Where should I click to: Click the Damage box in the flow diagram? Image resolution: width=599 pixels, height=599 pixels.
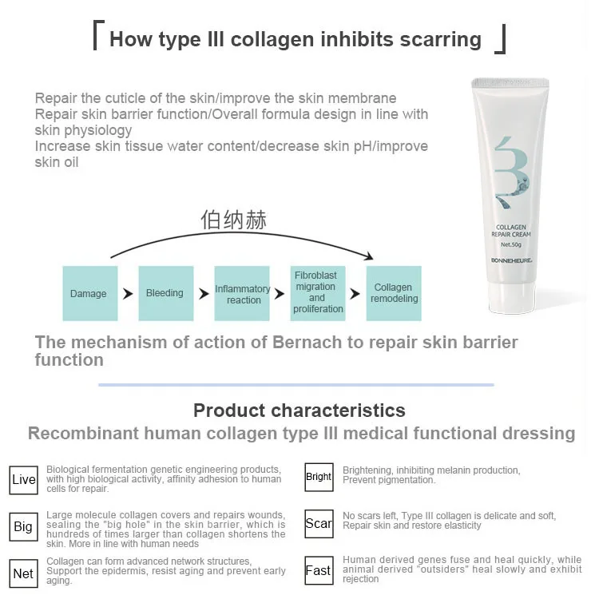pos(88,293)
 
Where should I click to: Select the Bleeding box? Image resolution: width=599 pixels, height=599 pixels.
pos(165,293)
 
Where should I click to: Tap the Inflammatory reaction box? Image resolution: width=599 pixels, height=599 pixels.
pos(243,294)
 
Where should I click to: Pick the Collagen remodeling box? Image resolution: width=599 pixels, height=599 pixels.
pos(394,293)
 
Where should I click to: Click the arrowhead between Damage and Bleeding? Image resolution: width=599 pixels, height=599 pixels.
pos(128,294)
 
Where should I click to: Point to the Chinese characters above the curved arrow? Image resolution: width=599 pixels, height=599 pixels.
pos(233,220)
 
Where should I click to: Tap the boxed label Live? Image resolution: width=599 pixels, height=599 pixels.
pos(24,479)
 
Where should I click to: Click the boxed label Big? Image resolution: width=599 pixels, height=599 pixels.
pos(23,526)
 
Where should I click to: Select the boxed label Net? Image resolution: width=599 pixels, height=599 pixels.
pos(23,573)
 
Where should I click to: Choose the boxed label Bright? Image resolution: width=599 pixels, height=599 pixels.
pos(319,477)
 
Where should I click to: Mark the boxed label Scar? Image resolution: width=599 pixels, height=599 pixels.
pos(319,523)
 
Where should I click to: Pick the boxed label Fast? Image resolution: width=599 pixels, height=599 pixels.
pos(319,570)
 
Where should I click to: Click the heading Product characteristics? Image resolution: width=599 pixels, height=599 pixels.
pos(299,411)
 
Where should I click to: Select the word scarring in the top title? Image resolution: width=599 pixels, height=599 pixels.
pos(431,39)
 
